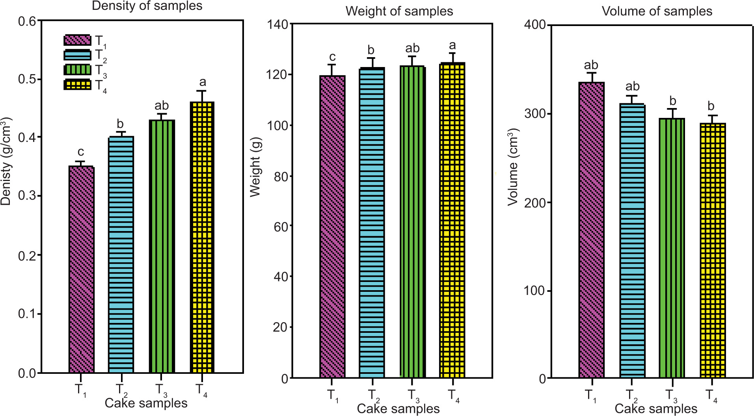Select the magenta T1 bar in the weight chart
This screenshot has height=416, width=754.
point(332,227)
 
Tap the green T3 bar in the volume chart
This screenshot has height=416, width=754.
point(672,248)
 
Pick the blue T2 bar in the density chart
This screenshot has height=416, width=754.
point(121,254)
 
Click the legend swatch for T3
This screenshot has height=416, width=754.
point(77,70)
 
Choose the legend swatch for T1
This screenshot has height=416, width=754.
point(77,40)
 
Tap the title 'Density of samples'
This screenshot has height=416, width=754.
point(147,6)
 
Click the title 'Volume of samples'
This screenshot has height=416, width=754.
point(657,11)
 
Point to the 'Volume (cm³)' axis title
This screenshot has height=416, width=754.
point(513,167)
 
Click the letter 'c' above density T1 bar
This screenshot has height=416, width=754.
point(80,152)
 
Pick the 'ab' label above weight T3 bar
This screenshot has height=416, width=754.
point(412,49)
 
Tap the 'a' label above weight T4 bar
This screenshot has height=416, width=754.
point(452,46)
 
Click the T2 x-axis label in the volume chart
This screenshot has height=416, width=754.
point(632,395)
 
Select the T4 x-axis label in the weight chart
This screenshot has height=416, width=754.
point(453,395)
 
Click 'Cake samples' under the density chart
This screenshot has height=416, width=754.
point(146,403)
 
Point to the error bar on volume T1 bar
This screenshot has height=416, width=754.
point(591,77)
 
